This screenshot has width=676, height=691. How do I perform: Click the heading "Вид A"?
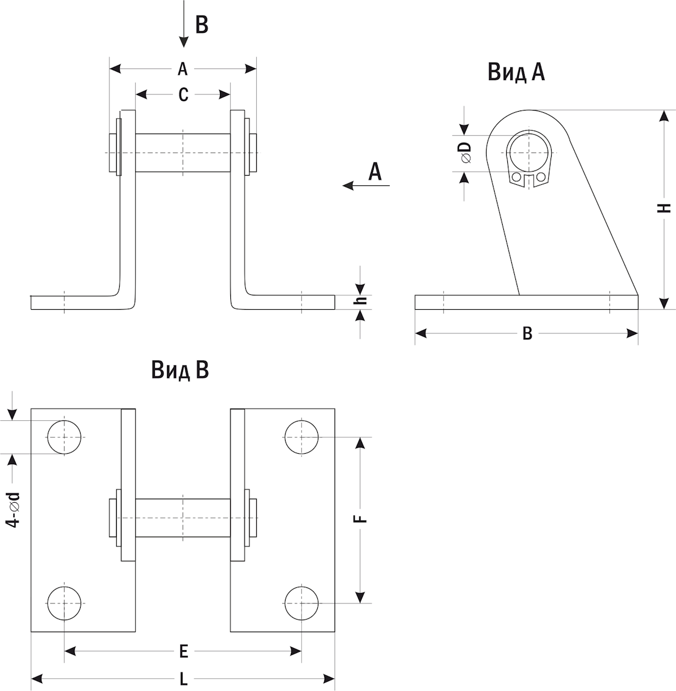[x=516, y=73]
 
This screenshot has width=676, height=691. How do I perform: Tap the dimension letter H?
[x=665, y=208]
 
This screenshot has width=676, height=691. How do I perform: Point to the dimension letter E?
[x=183, y=651]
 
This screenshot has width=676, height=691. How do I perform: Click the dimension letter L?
[x=183, y=679]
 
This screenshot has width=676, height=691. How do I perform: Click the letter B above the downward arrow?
[x=201, y=25]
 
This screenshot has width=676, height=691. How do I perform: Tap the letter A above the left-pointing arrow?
[x=375, y=172]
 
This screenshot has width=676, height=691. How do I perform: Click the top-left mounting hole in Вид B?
[x=64, y=437]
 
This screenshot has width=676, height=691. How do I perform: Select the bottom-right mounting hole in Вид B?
[x=301, y=603]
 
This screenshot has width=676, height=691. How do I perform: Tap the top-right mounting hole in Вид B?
[x=301, y=437]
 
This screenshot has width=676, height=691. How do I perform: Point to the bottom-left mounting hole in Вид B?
[x=64, y=603]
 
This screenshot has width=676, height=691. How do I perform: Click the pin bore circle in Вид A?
[x=529, y=151]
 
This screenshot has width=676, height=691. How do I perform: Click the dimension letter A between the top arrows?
[x=183, y=69]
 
